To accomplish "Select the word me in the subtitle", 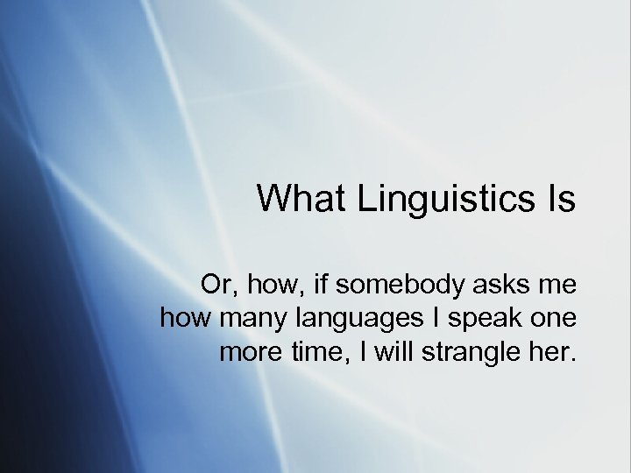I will (x=557, y=285).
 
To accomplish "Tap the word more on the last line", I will (x=247, y=353).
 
